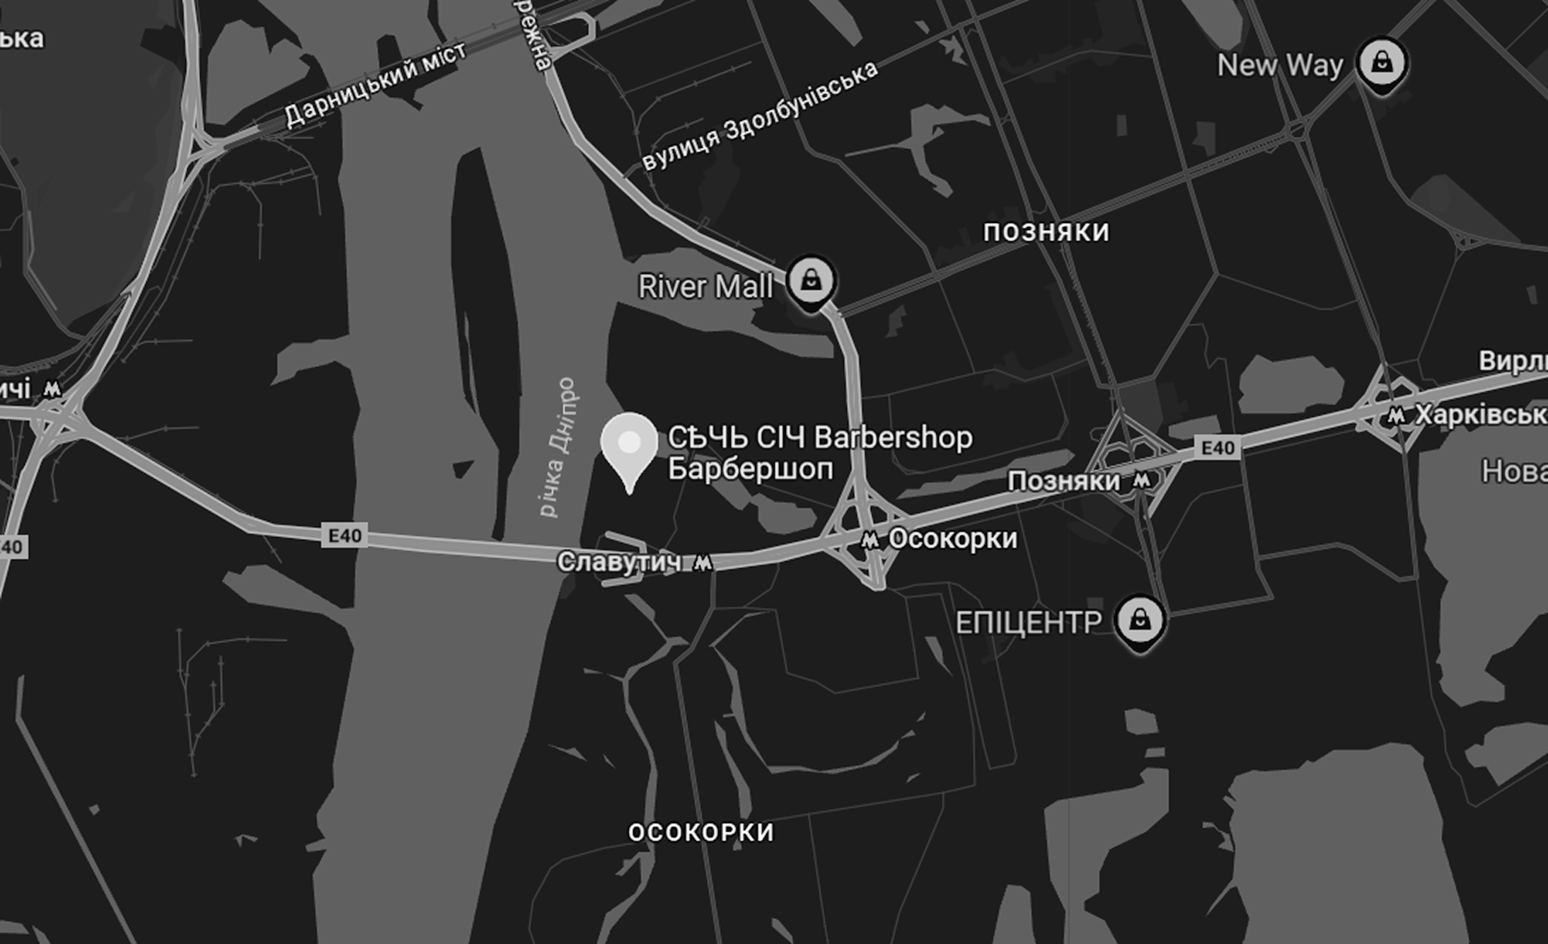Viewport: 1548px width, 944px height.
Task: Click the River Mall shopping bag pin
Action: pyautogui.click(x=811, y=282)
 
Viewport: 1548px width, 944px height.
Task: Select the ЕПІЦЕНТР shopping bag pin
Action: pyautogui.click(x=1140, y=621)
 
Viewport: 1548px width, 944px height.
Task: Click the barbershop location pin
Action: pyautogui.click(x=629, y=446)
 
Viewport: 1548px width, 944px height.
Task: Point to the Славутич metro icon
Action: pyautogui.click(x=703, y=563)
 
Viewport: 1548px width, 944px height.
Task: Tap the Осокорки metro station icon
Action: pyautogui.click(x=870, y=541)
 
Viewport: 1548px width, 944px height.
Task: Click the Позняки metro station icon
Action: pyautogui.click(x=1141, y=481)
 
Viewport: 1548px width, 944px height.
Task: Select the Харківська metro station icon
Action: pyautogui.click(x=1396, y=415)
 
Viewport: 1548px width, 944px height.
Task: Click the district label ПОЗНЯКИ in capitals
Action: pyautogui.click(x=1046, y=232)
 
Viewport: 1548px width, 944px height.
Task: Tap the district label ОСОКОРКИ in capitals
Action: pyautogui.click(x=701, y=832)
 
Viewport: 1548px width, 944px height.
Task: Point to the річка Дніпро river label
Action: pyautogui.click(x=558, y=447)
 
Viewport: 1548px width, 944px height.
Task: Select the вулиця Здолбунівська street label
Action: pyautogui.click(x=761, y=115)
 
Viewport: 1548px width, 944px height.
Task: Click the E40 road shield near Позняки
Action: pyautogui.click(x=1218, y=447)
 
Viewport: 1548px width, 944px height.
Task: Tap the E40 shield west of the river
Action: pyautogui.click(x=345, y=536)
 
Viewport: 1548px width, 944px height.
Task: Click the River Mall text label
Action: pyautogui.click(x=705, y=287)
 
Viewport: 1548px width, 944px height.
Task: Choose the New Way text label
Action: pyautogui.click(x=1280, y=66)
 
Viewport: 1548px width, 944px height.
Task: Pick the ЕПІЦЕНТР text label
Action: pyautogui.click(x=1029, y=623)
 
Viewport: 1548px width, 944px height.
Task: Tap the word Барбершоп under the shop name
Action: pyautogui.click(x=751, y=469)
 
